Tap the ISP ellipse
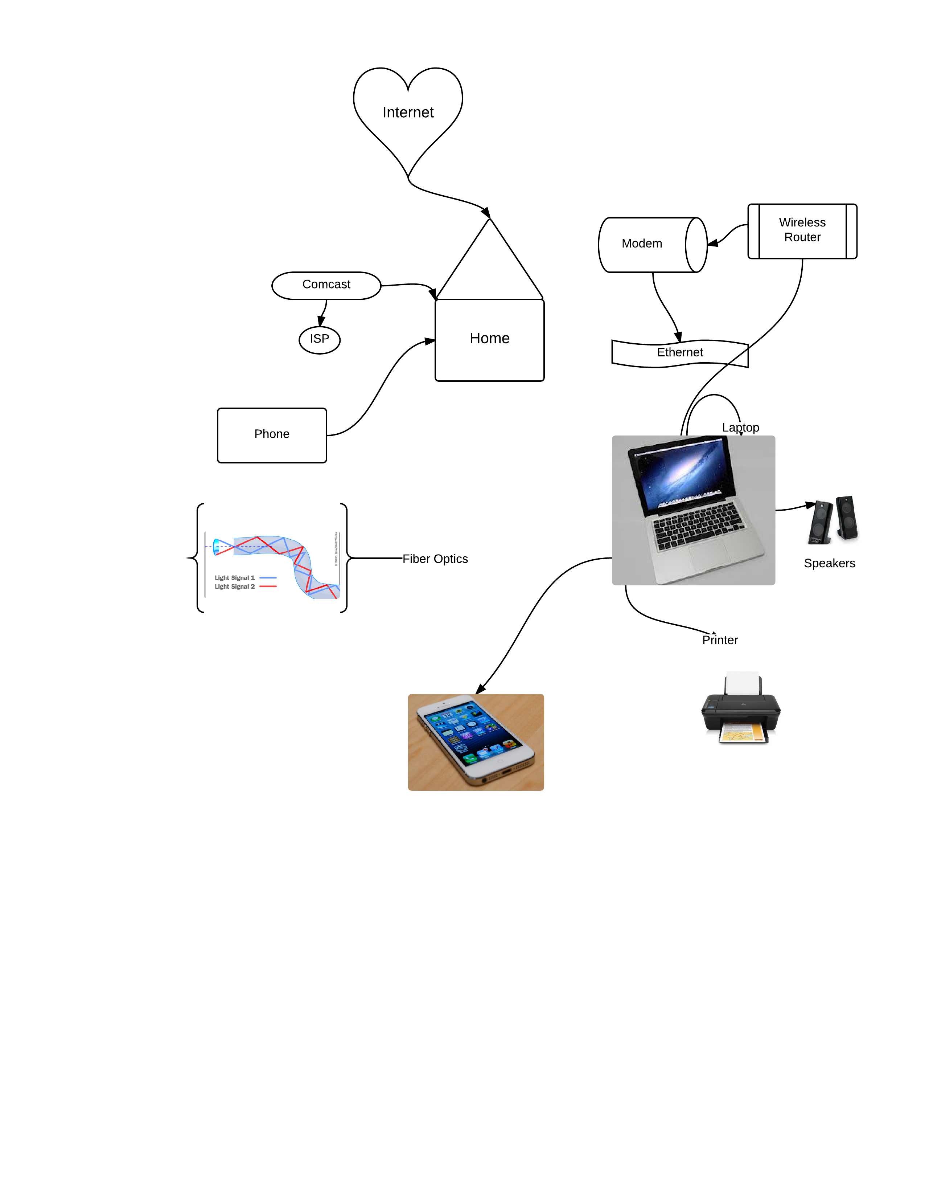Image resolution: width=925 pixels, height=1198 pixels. coord(319,340)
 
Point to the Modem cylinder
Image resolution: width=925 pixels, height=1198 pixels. coord(642,244)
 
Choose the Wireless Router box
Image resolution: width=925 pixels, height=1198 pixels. coord(802,230)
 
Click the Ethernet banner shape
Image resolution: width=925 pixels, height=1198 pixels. coord(679,353)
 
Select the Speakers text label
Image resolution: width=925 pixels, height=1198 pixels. coord(829,563)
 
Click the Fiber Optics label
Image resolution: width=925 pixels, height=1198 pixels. coord(435,559)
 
